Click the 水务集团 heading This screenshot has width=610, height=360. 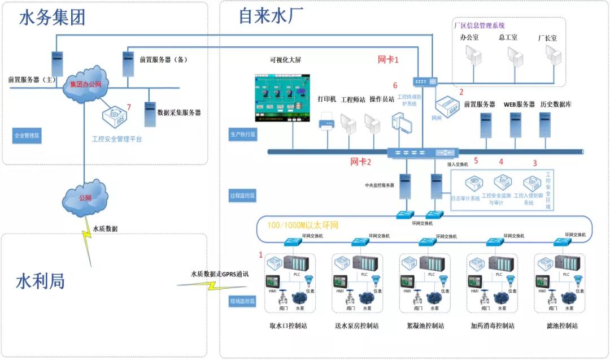52,19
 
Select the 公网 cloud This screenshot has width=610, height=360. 85,198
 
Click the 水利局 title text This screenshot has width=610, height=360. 40,281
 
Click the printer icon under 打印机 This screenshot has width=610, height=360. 327,121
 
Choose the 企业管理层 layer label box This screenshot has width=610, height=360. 27,136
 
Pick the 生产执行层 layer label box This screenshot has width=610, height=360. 242,135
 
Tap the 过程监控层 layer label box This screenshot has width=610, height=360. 242,196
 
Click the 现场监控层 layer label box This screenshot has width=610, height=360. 242,301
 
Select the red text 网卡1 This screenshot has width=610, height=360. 389,59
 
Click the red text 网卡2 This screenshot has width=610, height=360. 361,163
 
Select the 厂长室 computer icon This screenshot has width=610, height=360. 552,56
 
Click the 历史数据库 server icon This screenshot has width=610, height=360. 545,125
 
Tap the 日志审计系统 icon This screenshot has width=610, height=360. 473,184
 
